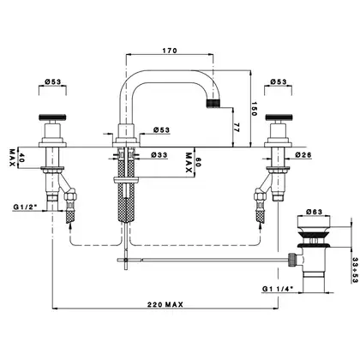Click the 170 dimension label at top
tap(170, 51)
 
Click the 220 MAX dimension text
tap(165, 304)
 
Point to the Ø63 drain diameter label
tap(314, 212)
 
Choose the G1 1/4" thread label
tap(278, 289)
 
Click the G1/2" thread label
tap(26, 207)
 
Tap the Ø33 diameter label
tap(159, 155)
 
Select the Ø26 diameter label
tap(303, 155)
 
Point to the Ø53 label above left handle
tap(53, 81)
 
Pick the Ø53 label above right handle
tap(279, 81)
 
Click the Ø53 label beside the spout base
tap(161, 130)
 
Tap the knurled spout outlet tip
tap(213, 103)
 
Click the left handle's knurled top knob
tap(52, 117)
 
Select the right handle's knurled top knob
tap(279, 117)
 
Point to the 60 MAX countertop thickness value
tap(198, 164)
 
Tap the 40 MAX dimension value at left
tap(21, 158)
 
